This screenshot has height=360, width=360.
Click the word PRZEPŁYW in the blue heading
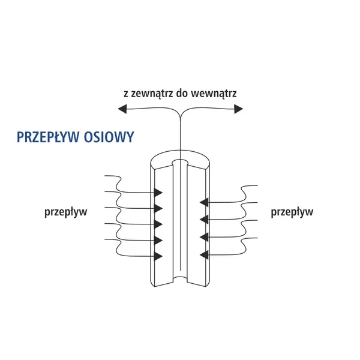pos(49,137)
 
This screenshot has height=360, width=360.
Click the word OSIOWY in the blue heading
pos(109,137)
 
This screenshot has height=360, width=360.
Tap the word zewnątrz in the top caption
pos(152,94)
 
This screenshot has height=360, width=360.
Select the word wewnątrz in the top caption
pos(214,94)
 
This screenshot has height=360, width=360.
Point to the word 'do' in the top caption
pos(182,93)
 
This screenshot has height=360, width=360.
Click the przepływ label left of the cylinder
pos(65,212)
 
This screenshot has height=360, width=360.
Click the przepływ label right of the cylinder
pos(292,212)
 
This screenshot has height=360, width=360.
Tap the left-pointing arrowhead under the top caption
pos(122,109)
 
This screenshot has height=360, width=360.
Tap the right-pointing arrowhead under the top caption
pos(239,109)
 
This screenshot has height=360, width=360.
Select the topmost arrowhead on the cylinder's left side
pos(158,193)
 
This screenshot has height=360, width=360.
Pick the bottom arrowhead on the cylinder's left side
pos(158,256)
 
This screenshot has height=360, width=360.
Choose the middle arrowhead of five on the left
pos(158,224)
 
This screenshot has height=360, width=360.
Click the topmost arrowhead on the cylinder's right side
pos(204,202)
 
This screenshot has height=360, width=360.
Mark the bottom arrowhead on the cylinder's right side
pos(204,254)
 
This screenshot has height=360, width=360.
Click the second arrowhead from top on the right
pos(204,219)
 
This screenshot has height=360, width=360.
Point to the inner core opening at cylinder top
pos(180,162)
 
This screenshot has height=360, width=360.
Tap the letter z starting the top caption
pos(126,94)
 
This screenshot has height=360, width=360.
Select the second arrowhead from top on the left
pos(158,208)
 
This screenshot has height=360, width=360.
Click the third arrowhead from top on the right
pos(204,237)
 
